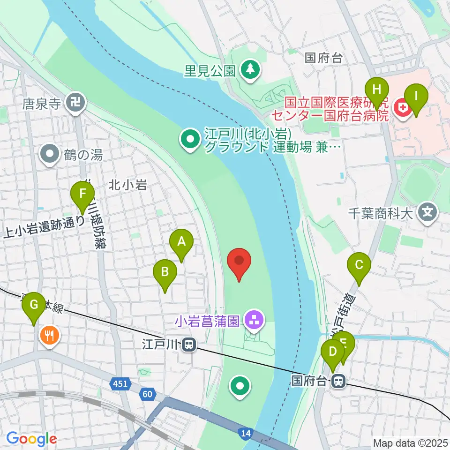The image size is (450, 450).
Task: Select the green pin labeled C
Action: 359,265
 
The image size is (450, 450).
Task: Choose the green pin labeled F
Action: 83,194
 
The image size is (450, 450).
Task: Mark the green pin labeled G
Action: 34,305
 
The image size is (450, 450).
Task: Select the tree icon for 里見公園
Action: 248,70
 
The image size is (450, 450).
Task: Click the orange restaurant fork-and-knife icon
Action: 49,335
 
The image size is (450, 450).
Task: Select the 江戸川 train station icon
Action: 189,345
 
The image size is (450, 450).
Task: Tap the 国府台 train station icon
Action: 337,381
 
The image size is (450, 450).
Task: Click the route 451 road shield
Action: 120,384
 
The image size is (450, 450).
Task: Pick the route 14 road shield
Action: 245,433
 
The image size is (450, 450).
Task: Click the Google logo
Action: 31,439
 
